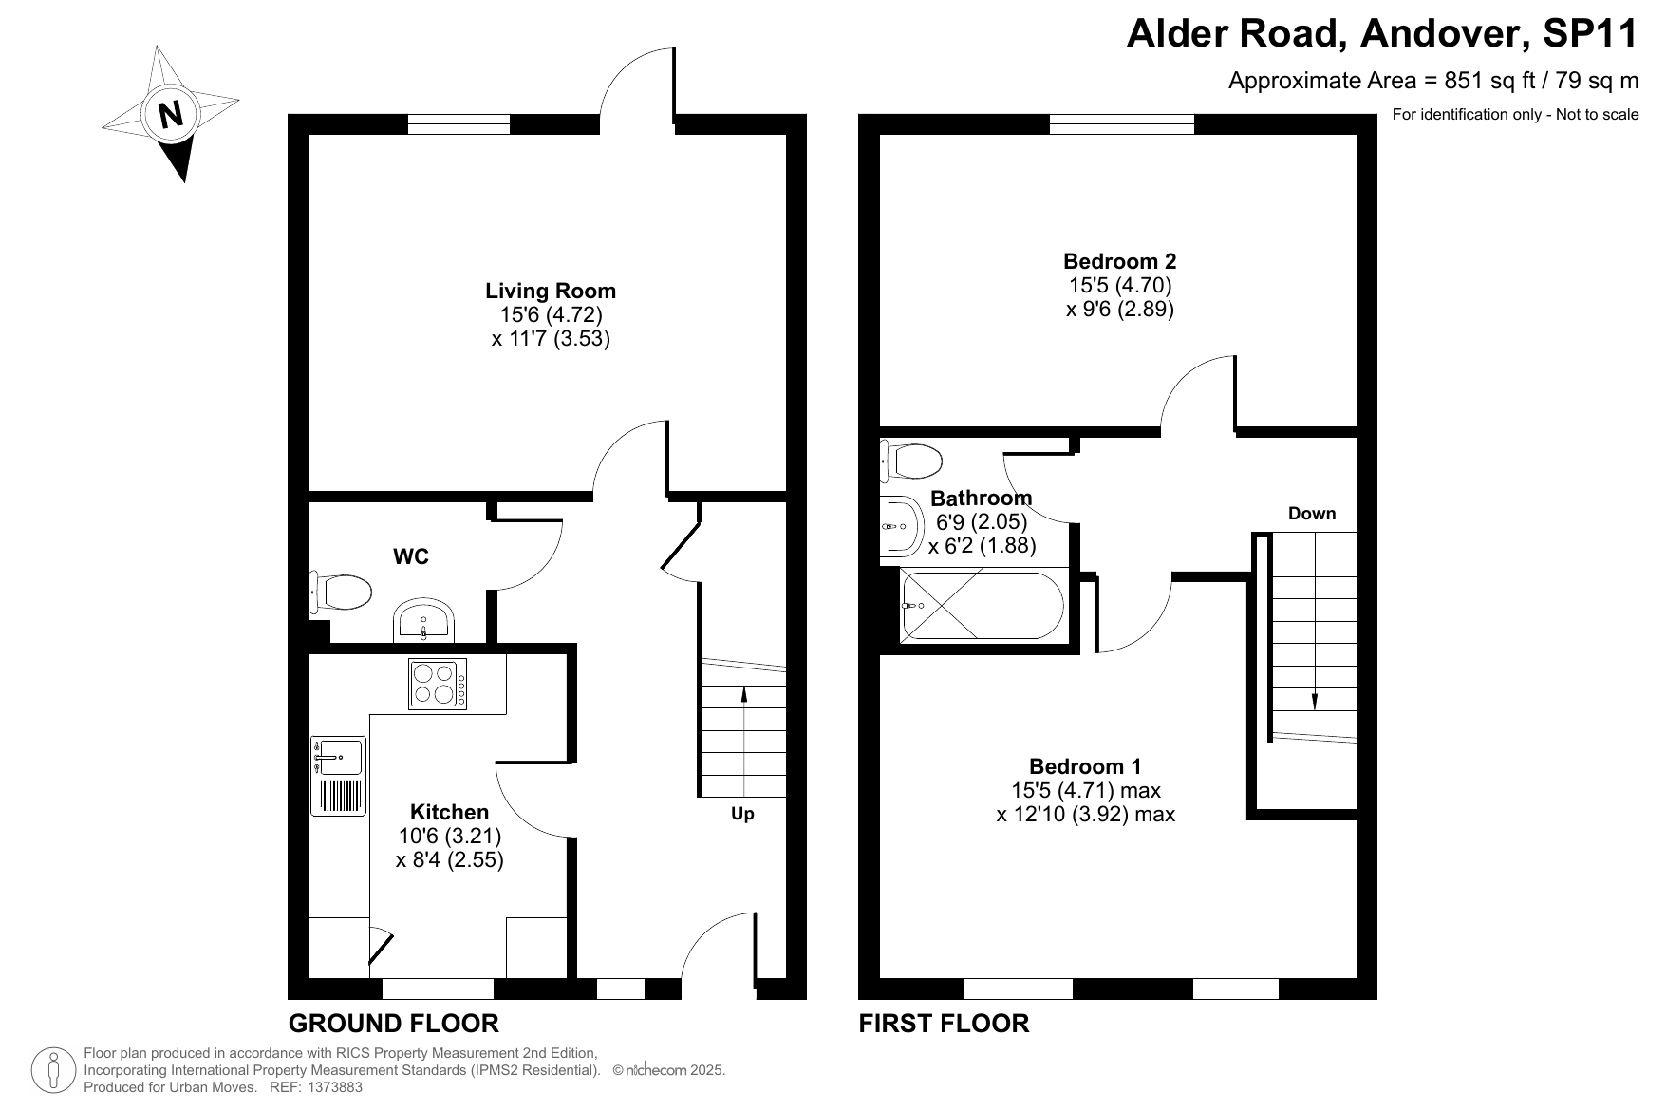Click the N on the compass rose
click(x=171, y=114)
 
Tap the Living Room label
click(x=551, y=291)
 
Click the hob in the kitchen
click(x=438, y=684)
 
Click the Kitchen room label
click(x=450, y=812)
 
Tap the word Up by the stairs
click(x=742, y=815)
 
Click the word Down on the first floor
click(x=1312, y=514)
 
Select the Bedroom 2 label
click(x=1120, y=261)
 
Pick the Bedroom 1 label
click(x=1086, y=766)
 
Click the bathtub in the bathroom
click(x=983, y=605)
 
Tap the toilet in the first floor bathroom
click(x=911, y=461)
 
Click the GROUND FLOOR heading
click(x=394, y=1024)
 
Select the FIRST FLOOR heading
click(x=944, y=1024)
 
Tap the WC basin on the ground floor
click(x=424, y=621)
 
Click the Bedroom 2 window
click(x=1122, y=124)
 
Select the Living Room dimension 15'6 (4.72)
click(x=552, y=314)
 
